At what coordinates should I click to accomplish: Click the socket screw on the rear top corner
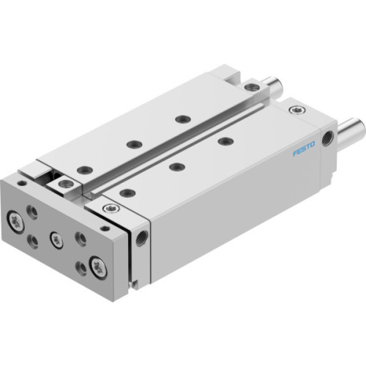[x=295, y=110]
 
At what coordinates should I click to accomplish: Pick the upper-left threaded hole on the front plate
[x=31, y=212]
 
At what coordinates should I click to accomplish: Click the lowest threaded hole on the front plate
[x=80, y=269]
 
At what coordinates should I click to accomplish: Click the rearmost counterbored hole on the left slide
[x=179, y=119]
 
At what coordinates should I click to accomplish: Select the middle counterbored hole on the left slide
[x=132, y=143]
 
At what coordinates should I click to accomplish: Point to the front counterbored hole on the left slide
[x=85, y=170]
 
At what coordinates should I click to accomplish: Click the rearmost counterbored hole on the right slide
[x=225, y=141]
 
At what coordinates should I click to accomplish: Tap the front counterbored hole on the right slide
[x=127, y=193]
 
